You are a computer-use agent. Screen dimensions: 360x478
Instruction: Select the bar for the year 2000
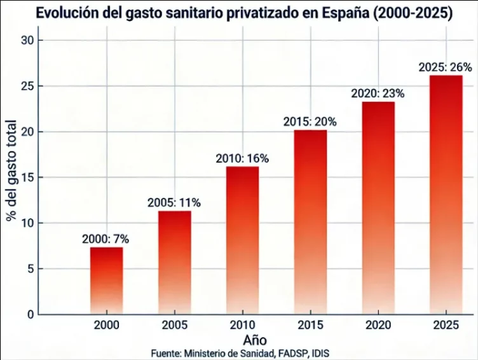pos(106,280)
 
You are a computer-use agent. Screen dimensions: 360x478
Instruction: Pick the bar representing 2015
pos(310,222)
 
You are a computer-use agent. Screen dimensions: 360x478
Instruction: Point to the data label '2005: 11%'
pos(174,203)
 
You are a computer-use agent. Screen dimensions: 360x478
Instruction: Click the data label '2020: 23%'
pos(378,93)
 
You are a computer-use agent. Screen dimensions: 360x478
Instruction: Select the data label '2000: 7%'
pos(106,239)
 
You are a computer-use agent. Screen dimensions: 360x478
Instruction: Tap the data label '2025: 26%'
pos(444,67)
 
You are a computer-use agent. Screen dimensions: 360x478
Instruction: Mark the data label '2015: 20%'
pos(310,121)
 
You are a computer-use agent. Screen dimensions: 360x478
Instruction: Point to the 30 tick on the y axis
pos(36,40)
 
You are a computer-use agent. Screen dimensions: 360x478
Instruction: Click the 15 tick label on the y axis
pos(36,177)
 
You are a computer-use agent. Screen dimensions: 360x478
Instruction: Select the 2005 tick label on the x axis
pos(174,325)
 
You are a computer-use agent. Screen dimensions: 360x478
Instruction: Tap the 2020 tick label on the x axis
pos(378,325)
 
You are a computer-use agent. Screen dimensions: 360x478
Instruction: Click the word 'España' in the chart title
pos(350,13)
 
